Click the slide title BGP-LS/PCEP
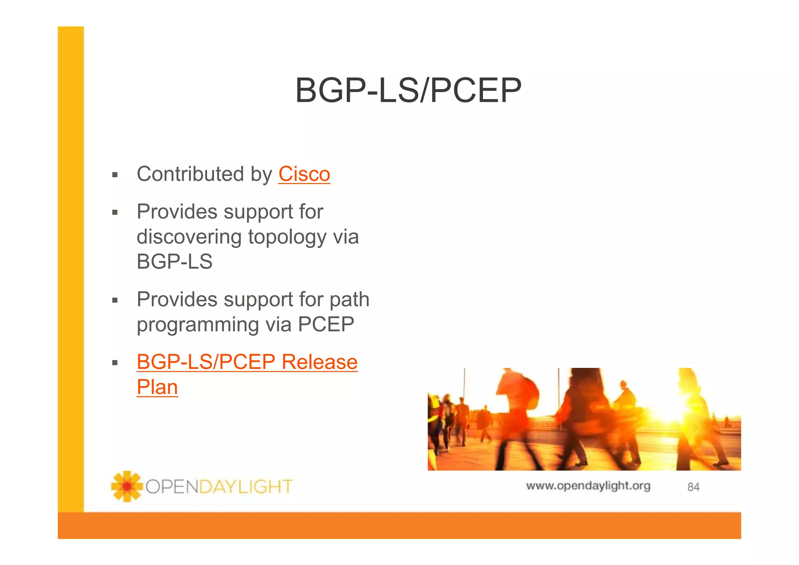pyautogui.click(x=408, y=90)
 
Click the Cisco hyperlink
pyautogui.click(x=304, y=174)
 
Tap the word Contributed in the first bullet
pyautogui.click(x=190, y=174)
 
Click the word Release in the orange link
pyautogui.click(x=319, y=362)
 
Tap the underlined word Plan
pyautogui.click(x=157, y=387)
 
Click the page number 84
pyautogui.click(x=693, y=487)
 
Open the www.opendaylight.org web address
pyautogui.click(x=588, y=486)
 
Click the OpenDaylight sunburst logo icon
pyautogui.click(x=126, y=486)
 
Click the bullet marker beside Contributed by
pyautogui.click(x=115, y=175)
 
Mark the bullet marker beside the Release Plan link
pyautogui.click(x=115, y=363)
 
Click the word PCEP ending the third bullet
pyautogui.click(x=326, y=325)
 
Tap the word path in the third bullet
pyautogui.click(x=349, y=300)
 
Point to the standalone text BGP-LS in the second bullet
pyautogui.click(x=174, y=262)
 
